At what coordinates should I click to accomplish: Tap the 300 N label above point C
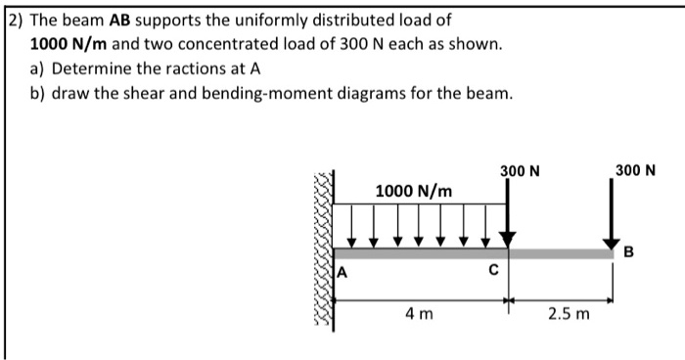point(520,171)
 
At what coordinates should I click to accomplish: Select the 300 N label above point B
point(636,170)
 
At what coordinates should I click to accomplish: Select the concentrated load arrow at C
point(508,215)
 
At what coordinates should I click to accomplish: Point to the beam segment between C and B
point(562,253)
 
